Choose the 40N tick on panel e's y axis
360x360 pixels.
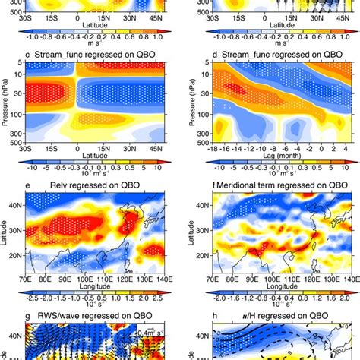pyautogui.click(x=17, y=204)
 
